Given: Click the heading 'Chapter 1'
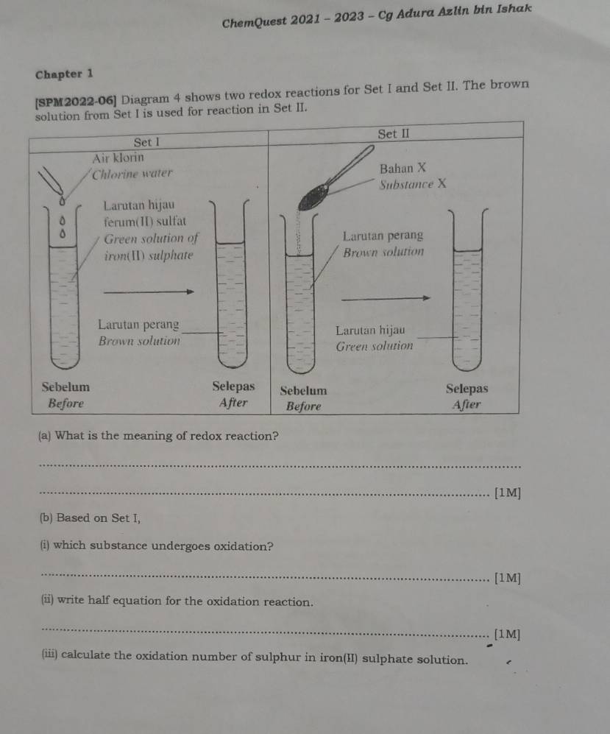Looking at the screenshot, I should point(64,74).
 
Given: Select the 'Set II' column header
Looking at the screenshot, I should point(394,134).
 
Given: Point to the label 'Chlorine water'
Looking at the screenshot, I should point(132,174).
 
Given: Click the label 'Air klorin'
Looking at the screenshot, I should point(118,158).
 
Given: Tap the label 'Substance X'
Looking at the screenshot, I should point(414,183).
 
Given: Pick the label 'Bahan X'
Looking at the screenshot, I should point(403,169).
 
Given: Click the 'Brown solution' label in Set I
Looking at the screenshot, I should point(139,341).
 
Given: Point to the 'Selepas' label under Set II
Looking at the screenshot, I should point(467,389).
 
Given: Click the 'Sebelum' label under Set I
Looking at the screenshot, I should point(66,387).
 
